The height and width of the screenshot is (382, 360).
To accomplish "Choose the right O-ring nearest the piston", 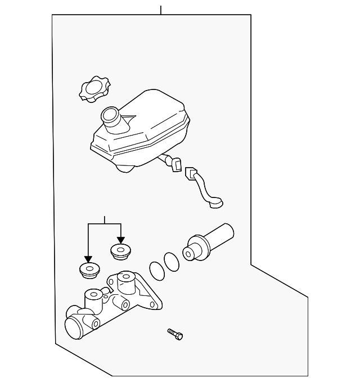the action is coord(171,260).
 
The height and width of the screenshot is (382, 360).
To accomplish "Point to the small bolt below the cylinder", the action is coord(175,334).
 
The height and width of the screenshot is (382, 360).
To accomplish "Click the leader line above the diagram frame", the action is coord(161,10).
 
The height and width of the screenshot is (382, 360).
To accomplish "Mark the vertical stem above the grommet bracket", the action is coord(104,219).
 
